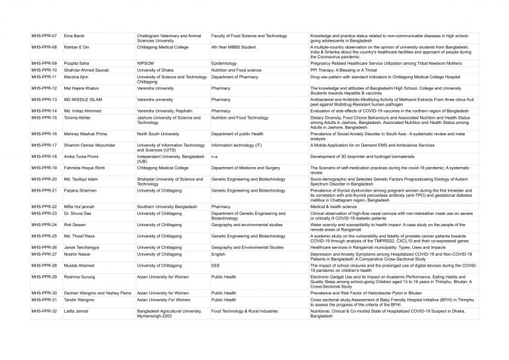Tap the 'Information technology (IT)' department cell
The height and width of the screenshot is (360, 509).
tap(237, 145)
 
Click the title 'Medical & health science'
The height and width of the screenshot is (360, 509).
tap(335, 206)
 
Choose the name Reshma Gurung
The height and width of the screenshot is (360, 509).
tap(80, 276)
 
